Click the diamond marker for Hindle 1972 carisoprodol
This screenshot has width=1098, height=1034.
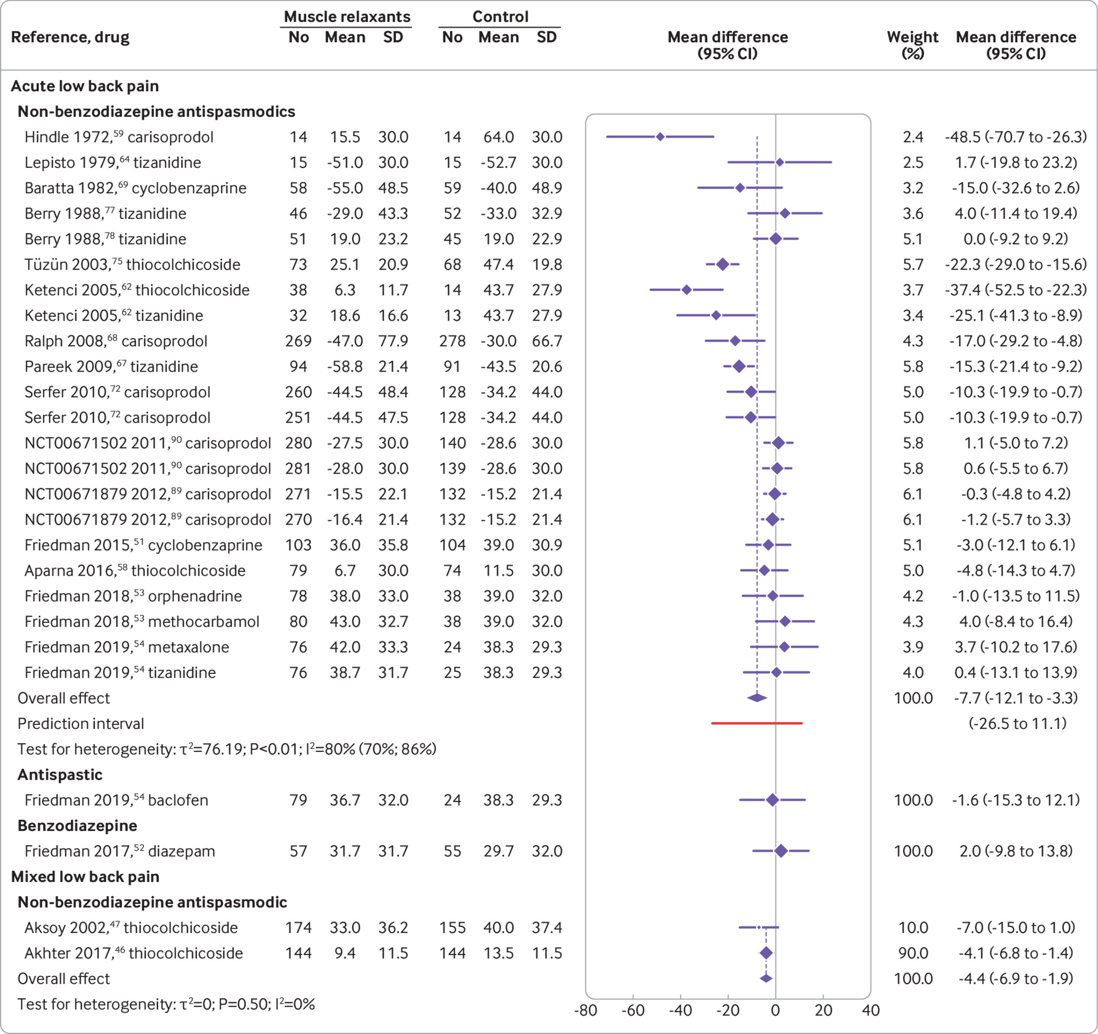(x=660, y=136)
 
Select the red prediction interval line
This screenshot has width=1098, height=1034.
(x=756, y=723)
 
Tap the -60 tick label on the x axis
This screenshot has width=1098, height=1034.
(x=632, y=1010)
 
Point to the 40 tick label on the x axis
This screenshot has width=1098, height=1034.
(x=871, y=1010)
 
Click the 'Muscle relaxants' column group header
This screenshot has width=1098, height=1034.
(x=347, y=16)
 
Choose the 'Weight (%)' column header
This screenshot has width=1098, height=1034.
(x=912, y=44)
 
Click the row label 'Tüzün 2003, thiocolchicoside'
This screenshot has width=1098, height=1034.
(x=132, y=265)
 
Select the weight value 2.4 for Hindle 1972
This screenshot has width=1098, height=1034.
(x=912, y=137)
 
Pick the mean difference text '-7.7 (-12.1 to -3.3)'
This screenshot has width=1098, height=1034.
(x=1016, y=698)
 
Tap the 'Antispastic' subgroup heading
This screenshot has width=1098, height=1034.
(x=60, y=774)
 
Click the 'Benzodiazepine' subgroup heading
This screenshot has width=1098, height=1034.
(x=77, y=825)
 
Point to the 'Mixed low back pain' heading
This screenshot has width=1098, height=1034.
(x=85, y=876)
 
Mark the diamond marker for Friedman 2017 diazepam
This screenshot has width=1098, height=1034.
(x=781, y=851)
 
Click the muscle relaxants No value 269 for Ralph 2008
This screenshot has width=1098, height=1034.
(x=298, y=341)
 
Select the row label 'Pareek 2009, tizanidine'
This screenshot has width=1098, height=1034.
(x=111, y=367)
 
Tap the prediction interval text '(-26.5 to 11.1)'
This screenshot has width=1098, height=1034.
(x=1017, y=723)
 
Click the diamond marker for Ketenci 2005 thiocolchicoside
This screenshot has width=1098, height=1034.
(x=686, y=290)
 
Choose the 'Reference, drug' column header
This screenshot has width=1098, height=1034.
(x=70, y=37)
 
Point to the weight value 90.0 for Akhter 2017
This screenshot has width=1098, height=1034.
(x=912, y=953)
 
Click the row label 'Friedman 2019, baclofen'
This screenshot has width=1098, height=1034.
(x=116, y=800)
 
